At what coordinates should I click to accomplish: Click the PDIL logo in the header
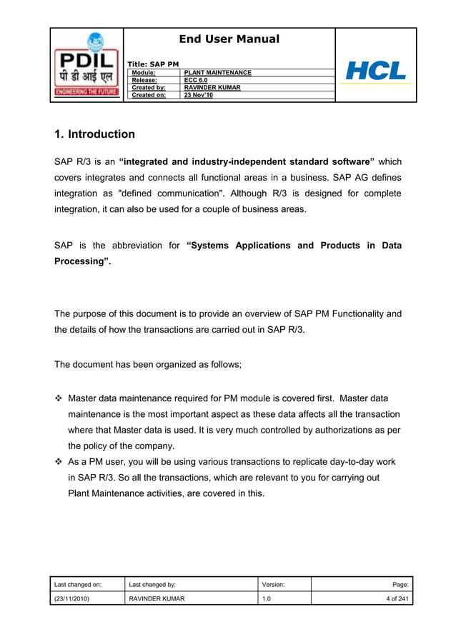coord(86,66)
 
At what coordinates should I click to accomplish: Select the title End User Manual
coord(229,39)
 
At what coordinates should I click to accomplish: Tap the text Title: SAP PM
coord(153,64)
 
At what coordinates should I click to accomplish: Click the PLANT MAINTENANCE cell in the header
coord(217,73)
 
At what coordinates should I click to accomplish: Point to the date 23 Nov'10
coord(198,95)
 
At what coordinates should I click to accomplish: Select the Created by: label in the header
coord(148,88)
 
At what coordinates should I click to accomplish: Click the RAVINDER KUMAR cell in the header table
coord(212,88)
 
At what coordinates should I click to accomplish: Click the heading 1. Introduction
coord(94,134)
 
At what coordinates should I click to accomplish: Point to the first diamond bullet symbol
coord(59,398)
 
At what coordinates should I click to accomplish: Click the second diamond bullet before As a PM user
coord(59,462)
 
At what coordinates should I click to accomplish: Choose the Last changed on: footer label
coord(78,584)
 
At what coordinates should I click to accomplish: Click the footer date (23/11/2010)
coord(72,598)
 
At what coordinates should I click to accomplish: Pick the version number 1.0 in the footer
coord(267,598)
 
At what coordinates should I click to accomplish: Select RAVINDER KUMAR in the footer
coord(157,598)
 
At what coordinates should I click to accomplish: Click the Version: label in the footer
coord(274,584)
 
